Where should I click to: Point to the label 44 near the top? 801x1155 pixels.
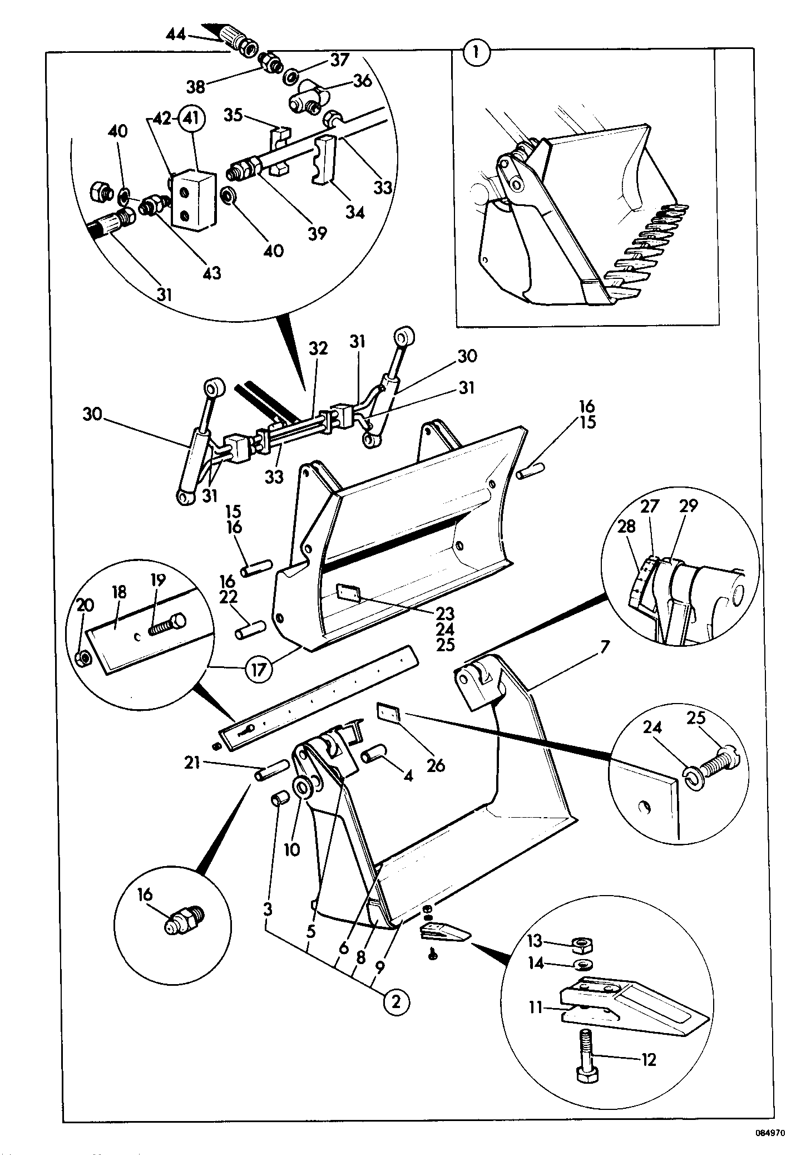click(x=177, y=35)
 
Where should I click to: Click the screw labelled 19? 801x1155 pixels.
click(x=167, y=626)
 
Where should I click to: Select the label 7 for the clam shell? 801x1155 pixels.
click(x=605, y=647)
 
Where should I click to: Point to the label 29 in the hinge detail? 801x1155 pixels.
click(x=688, y=506)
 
